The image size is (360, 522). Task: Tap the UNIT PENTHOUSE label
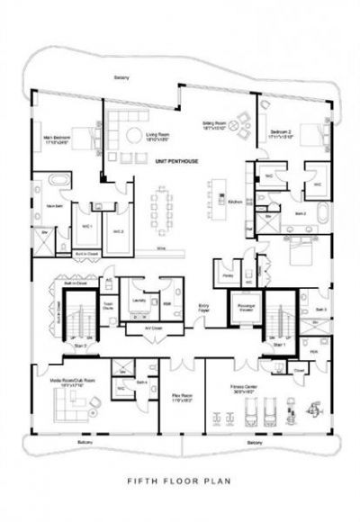(173, 160)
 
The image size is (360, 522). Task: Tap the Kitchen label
(234, 202)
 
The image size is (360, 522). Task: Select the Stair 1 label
(281, 345)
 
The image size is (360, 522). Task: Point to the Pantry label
(228, 274)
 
